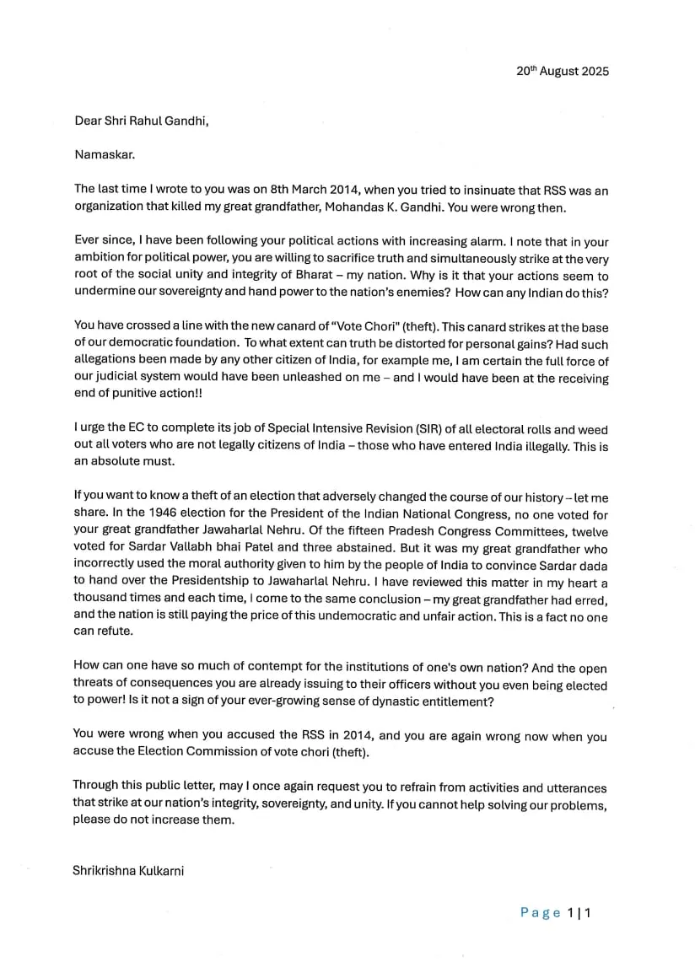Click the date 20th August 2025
point(562,71)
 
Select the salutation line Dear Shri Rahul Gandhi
point(141,121)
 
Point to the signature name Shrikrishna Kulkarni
point(128,870)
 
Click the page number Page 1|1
point(556,912)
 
